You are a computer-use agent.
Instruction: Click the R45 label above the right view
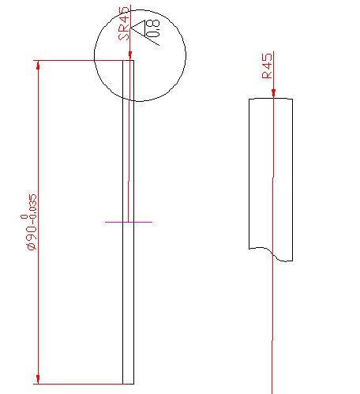click(268, 66)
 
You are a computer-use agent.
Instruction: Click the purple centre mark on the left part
click(129, 222)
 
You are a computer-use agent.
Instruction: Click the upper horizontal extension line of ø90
click(79, 60)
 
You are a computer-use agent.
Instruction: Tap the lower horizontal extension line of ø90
click(79, 384)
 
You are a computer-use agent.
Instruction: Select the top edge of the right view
click(271, 99)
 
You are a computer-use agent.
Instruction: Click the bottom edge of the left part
click(129, 384)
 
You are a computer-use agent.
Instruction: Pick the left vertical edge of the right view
click(249, 174)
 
